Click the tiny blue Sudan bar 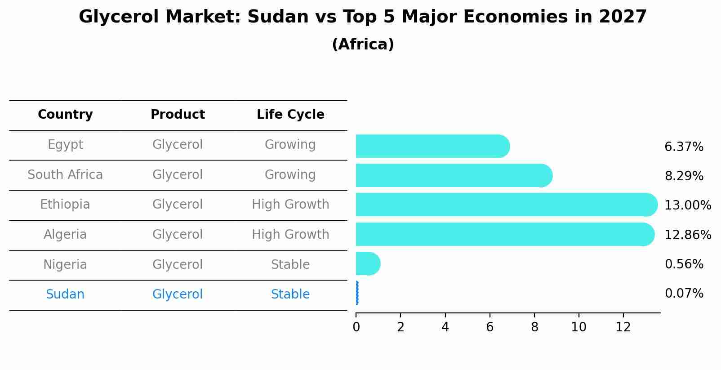357,293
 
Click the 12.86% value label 688,235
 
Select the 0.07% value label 684,294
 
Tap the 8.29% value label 684,176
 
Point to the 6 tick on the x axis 490,327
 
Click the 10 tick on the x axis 579,327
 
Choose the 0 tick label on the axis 356,327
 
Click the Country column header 65,115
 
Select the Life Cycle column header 290,115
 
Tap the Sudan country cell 65,294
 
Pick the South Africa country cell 65,174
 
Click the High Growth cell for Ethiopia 290,205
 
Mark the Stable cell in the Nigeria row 290,264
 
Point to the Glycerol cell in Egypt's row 178,145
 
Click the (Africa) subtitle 363,45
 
